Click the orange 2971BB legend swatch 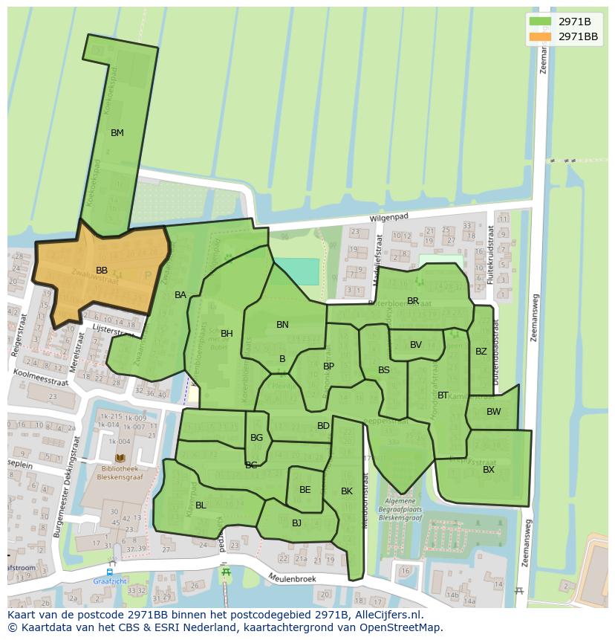click(x=540, y=36)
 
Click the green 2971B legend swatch click(x=540, y=21)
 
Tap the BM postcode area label click(x=117, y=133)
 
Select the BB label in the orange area click(x=102, y=271)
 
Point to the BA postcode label click(x=180, y=295)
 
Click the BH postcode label click(x=227, y=334)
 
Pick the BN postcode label click(x=282, y=325)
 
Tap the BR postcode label click(x=413, y=301)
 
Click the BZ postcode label click(x=481, y=352)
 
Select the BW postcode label click(x=494, y=412)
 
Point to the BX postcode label click(x=489, y=470)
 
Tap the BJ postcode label click(x=296, y=523)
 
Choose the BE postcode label click(x=305, y=490)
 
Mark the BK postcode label click(x=347, y=491)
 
